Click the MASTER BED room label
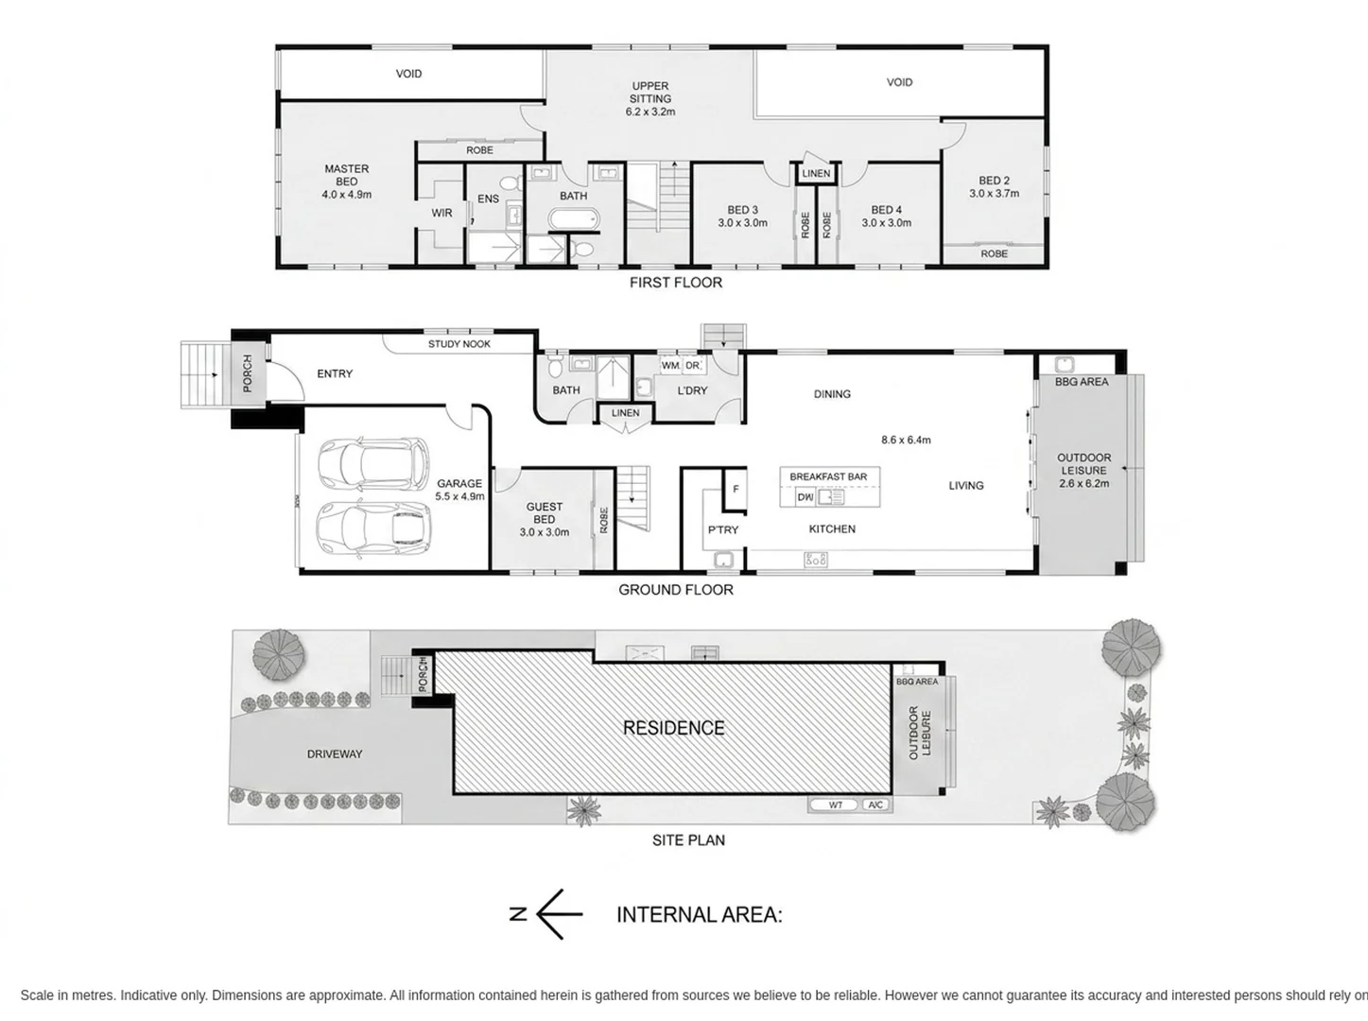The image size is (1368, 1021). coord(347,175)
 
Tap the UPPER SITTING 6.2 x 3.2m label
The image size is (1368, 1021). coord(650,99)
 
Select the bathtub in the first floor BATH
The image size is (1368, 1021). coord(574,219)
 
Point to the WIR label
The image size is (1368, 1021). coord(442,213)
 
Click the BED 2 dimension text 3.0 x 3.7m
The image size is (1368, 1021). coord(994,194)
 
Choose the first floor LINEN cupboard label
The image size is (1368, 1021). coord(816,174)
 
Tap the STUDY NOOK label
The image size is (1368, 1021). coord(459,344)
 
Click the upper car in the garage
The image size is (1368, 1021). coord(373,462)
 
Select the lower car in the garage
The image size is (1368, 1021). coord(373,528)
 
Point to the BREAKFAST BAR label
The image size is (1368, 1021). coord(828,476)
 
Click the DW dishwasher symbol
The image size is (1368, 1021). coord(805,497)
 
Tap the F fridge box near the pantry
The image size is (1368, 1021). coord(736,490)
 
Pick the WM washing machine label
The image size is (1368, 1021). coord(670,366)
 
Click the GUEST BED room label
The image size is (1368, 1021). coord(545,513)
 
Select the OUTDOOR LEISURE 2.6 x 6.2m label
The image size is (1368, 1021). coord(1083,470)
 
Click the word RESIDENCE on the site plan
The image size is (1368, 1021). coord(674,728)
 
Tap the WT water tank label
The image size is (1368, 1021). coord(836,805)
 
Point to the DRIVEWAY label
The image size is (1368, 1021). coord(335,754)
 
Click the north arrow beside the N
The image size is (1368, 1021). coord(559,914)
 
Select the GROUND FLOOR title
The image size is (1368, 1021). coord(676,590)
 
